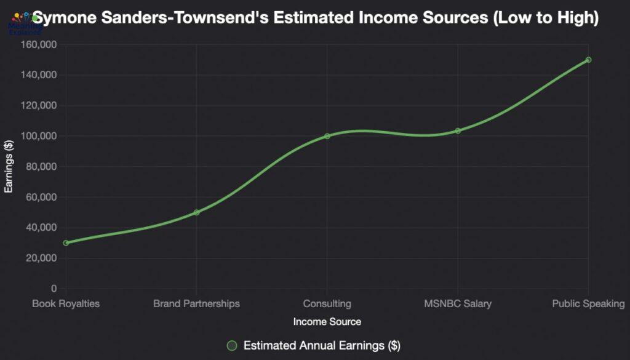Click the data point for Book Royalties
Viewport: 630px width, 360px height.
(66, 243)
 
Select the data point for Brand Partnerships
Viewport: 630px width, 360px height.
(196, 212)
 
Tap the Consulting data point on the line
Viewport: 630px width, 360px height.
(327, 136)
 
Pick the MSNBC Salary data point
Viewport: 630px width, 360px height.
(458, 130)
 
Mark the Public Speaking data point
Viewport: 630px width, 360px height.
(588, 60)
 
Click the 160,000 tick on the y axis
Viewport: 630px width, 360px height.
(39, 45)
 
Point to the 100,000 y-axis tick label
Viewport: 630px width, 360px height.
(39, 136)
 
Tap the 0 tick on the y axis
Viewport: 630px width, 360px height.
(54, 289)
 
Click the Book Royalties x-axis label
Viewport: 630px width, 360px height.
(66, 303)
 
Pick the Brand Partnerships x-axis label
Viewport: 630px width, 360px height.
(196, 303)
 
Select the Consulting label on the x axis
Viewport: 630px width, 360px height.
(327, 303)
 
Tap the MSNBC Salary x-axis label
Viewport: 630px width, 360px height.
(458, 303)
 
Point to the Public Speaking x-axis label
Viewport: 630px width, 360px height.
(588, 303)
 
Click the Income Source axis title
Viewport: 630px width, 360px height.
(327, 322)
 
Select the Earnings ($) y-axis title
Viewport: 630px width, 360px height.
(9, 167)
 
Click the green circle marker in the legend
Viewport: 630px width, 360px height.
(232, 345)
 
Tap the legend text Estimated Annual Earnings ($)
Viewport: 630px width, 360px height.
(322, 345)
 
